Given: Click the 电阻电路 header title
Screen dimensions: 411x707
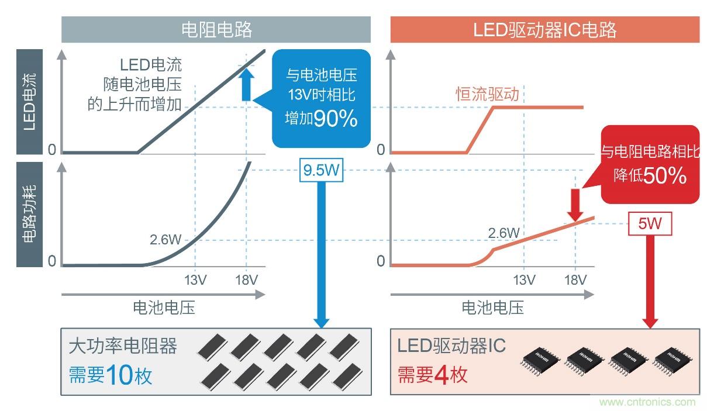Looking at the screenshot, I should pos(216,29).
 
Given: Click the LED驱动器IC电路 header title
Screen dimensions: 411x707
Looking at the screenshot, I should pos(545,29).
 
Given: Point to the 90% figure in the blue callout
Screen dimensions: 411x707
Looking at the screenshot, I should pos(335,119).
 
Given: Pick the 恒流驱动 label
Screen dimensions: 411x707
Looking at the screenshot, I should pos(487,95).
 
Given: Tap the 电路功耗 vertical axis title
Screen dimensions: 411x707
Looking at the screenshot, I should pos(30,214).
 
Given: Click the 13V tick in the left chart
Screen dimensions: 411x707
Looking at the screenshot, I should pos(194,280).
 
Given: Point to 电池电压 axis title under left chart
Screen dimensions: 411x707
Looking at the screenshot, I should pos(164,307).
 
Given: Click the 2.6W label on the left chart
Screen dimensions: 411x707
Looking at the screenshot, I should pos(166,239).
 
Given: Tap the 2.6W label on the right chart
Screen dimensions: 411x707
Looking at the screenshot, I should pos(503,233).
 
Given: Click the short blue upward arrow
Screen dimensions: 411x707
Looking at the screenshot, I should pos(247,84).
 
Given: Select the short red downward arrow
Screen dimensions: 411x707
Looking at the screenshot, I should pos(575,203).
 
